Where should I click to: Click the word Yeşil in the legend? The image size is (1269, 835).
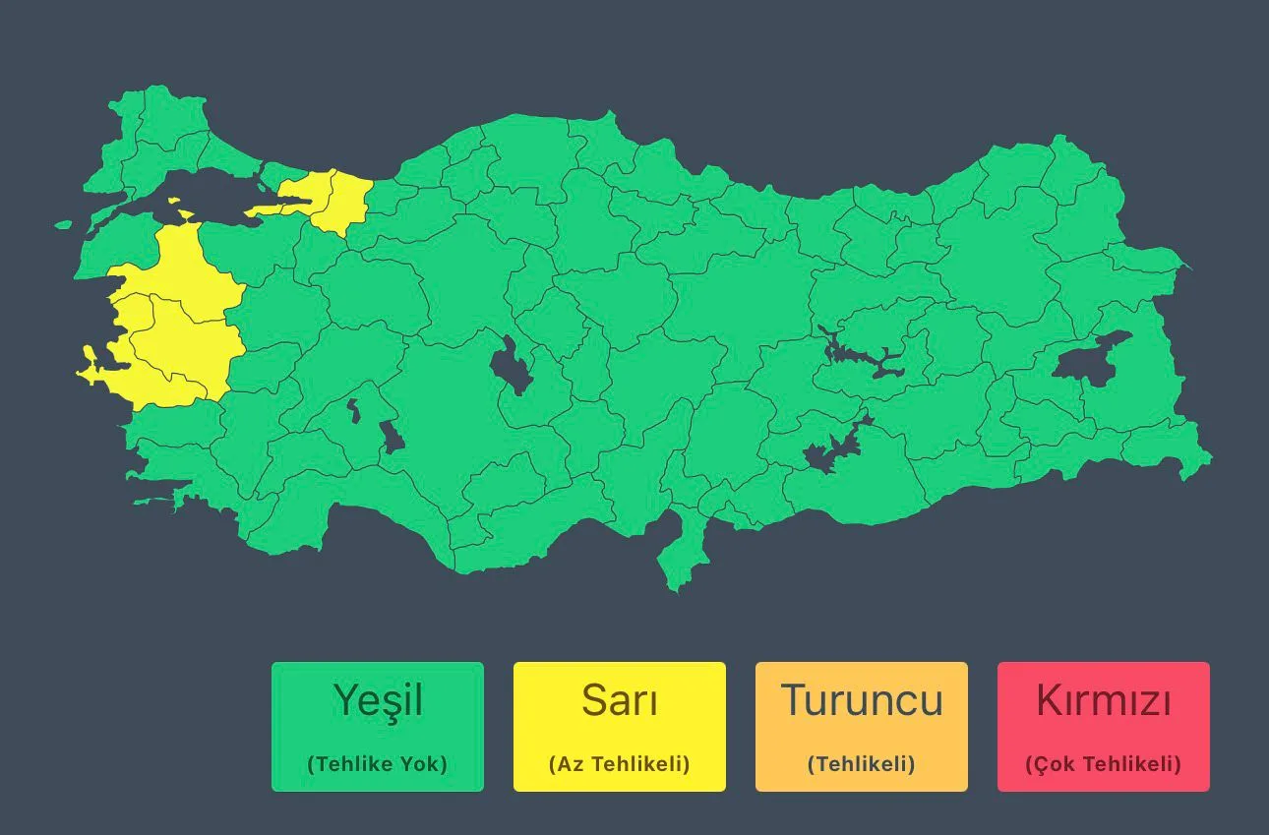(378, 700)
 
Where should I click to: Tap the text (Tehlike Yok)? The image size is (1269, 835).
(378, 764)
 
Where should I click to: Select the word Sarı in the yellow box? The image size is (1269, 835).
(619, 700)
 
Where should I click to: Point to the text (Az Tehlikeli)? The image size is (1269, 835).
(619, 764)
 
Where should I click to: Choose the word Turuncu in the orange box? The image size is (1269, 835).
(861, 700)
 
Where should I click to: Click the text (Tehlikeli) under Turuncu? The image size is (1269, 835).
(861, 764)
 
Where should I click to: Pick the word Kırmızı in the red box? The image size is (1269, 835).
(1103, 700)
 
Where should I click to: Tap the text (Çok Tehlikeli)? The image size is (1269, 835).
(1103, 764)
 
